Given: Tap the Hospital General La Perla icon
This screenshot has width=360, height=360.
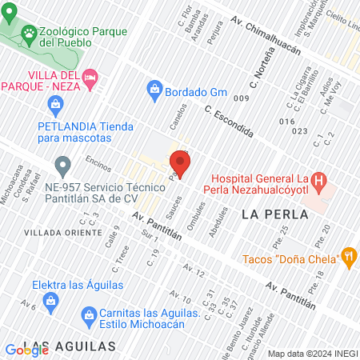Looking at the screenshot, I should [319, 182].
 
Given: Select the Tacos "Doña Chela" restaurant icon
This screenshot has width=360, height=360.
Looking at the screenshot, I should [348, 257].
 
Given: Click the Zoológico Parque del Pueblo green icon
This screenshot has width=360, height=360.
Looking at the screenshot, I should [30, 33].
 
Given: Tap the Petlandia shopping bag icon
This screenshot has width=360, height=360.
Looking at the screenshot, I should [55, 103].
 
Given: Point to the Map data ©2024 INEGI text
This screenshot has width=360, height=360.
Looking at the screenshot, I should [312, 354].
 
